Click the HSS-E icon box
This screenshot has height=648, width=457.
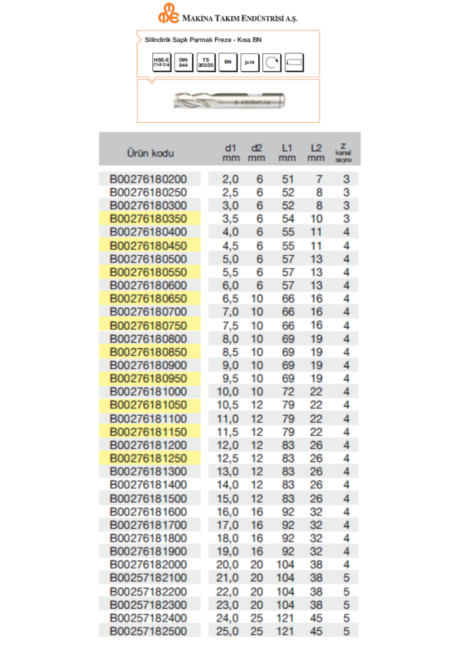click(162, 62)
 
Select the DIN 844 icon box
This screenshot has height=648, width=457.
click(183, 62)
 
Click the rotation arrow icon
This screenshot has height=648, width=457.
click(272, 62)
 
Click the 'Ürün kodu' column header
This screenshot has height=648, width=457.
click(150, 153)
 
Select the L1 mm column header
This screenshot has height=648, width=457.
click(287, 153)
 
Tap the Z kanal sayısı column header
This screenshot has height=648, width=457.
click(344, 153)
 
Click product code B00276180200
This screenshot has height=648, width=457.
click(150, 179)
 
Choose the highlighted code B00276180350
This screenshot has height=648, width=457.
click(150, 219)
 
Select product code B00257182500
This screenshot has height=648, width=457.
click(150, 631)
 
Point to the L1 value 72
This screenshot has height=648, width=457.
click(287, 391)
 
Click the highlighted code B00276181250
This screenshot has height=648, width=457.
click(150, 458)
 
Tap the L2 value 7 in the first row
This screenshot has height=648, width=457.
click(319, 179)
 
